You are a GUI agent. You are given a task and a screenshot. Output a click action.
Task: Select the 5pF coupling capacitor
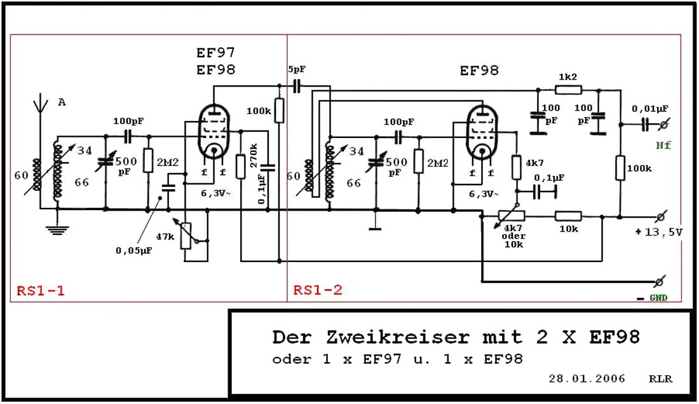click(297, 85)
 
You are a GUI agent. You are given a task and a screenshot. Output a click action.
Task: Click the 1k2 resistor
click(567, 88)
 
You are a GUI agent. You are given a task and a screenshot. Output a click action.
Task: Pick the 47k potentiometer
click(186, 236)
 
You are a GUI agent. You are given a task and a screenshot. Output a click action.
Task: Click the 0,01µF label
click(650, 109)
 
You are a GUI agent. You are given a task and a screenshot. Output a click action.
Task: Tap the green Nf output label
click(664, 145)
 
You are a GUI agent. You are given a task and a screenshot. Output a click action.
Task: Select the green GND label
click(658, 297)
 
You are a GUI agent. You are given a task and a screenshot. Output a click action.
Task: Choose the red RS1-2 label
click(318, 290)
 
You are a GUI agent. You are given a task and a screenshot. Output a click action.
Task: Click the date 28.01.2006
click(587, 379)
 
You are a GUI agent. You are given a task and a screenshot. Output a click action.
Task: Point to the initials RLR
click(662, 379)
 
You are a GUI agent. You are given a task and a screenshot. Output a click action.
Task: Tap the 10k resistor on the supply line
click(568, 216)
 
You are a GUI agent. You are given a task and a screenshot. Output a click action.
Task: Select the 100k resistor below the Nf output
click(620, 168)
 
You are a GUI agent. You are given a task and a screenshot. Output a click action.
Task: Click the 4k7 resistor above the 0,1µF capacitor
click(515, 168)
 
